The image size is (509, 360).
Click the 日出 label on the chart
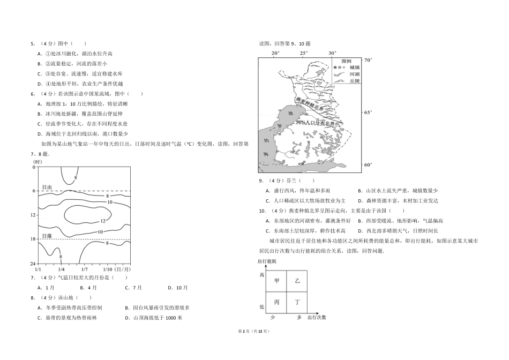[x=47, y=187]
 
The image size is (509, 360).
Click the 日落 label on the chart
[x=47, y=236]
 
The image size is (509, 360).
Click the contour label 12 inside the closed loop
[x=102, y=221]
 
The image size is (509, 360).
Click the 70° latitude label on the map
[x=368, y=61]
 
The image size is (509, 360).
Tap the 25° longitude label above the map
[x=304, y=53]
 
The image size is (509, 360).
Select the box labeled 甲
[x=277, y=280]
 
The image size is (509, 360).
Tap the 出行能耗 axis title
[x=267, y=261]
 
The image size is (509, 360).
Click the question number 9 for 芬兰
[x=261, y=181]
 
